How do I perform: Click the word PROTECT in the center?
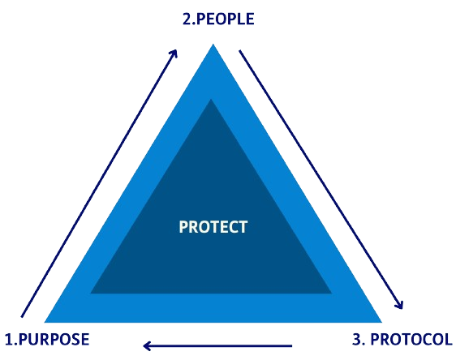213,227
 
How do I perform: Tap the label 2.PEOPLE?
218,19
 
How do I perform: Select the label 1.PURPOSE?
47,340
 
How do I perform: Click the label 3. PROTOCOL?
402,339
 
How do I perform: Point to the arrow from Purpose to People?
99,183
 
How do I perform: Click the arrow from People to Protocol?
321,179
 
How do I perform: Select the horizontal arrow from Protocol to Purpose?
217,345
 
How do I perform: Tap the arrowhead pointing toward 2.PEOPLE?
174,53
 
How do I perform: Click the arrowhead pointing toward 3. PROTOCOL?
400,305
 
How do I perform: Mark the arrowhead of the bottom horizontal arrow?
147,345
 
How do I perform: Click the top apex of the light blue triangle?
213,44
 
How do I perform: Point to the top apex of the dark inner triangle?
211,100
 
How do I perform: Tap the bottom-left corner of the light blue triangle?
44,322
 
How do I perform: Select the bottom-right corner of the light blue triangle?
381,322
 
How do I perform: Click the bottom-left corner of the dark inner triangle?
90,294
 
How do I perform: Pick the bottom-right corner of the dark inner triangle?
332,294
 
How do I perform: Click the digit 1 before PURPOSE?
9,340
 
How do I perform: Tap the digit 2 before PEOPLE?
187,19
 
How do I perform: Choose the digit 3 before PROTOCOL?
356,340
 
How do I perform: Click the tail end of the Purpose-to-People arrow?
22,317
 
